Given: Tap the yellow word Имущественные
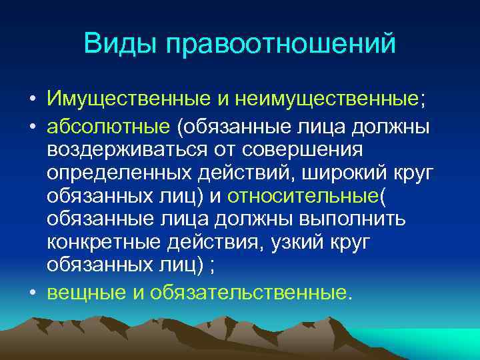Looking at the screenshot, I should tap(127, 100).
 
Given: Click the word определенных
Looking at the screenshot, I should tap(121, 175).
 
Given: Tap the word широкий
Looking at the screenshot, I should tap(342, 175).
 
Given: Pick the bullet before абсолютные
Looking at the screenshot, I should tap(33, 126).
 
